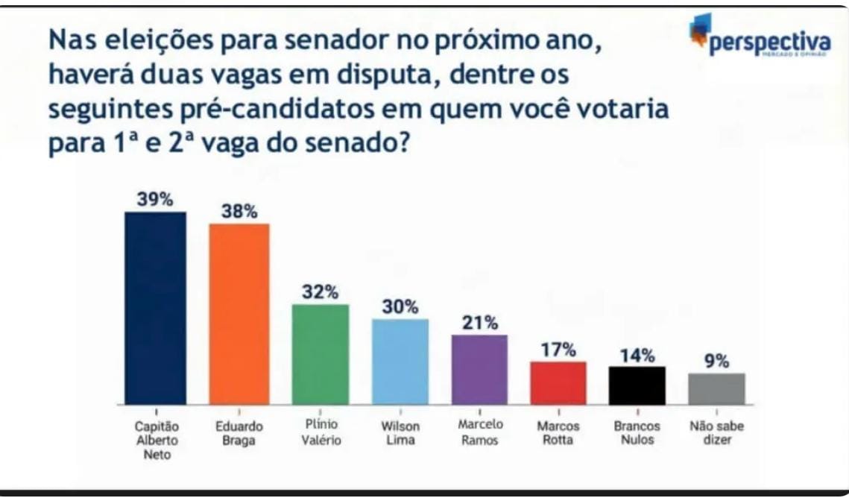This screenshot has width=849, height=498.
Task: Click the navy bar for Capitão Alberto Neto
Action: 155,308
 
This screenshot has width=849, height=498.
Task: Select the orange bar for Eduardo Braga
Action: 239,314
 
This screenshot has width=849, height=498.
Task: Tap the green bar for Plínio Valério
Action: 320,354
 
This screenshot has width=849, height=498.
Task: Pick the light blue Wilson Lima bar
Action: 400,362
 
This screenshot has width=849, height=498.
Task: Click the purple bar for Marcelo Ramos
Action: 479,370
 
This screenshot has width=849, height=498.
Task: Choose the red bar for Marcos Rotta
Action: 558,382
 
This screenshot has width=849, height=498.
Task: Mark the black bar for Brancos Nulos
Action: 637,385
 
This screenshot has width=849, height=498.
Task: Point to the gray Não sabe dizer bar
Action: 716,388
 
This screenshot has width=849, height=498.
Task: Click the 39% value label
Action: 155,200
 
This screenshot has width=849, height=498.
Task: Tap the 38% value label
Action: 239,212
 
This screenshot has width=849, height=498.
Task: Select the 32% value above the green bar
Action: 320,292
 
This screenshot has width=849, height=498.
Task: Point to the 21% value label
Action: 479,323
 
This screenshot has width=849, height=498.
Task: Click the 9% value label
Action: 716,362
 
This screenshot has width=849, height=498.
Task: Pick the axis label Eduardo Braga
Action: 239,433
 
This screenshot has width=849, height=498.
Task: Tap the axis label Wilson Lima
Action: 400,433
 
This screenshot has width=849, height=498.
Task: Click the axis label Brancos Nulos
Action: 637,433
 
